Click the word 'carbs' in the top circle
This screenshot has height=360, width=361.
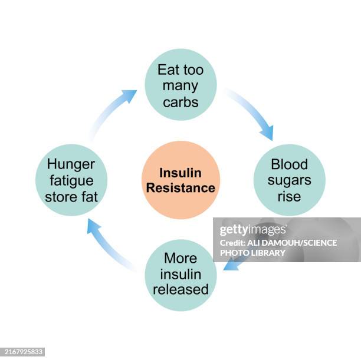click(180, 101)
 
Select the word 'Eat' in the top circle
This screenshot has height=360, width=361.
click(168, 70)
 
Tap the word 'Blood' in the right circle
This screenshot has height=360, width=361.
click(289, 164)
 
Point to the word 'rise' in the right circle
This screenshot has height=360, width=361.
click(289, 196)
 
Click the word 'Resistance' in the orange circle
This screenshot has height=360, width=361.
click(180, 188)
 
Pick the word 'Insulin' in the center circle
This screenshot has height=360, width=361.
click(180, 173)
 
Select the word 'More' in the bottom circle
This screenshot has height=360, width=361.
click(180, 258)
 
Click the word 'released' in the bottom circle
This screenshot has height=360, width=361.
click(180, 289)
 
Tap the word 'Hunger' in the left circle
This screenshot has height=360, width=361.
click(71, 164)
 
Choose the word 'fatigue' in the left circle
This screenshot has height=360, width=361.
click(71, 180)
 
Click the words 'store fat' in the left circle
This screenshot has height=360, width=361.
click(71, 196)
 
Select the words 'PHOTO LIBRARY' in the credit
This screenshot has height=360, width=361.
click(252, 253)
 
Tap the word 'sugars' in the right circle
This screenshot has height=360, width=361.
click(289, 180)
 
